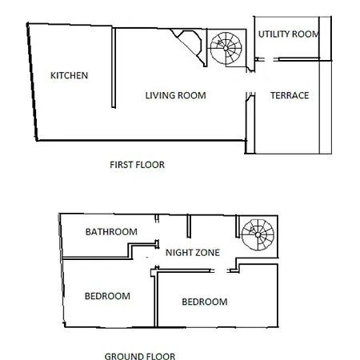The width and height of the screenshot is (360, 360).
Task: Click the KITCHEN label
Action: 69,75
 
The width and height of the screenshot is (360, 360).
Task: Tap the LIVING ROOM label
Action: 175,95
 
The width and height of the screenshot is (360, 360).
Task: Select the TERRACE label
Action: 290,95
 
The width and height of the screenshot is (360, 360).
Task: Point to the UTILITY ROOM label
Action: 289,34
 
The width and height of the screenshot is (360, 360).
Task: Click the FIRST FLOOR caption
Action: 137,165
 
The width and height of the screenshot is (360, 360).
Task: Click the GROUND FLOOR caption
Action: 140,356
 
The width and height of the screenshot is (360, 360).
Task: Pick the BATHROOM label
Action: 111,232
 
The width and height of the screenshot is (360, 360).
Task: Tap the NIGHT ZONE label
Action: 193,253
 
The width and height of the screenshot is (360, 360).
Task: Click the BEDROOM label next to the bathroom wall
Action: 107,296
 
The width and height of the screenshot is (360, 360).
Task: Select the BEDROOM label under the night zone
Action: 205,302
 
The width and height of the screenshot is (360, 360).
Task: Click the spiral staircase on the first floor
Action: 226,48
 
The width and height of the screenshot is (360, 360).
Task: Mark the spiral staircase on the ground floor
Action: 258,234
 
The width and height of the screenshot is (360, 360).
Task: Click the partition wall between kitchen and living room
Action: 114,68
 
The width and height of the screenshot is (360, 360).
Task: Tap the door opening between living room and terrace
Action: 250,82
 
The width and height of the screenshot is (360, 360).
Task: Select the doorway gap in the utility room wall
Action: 269,59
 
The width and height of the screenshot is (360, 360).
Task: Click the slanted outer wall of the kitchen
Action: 32,82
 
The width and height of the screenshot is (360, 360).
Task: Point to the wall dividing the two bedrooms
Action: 156,298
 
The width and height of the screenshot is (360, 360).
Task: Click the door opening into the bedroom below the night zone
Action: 220,270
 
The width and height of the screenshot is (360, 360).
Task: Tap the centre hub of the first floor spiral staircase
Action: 226,48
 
